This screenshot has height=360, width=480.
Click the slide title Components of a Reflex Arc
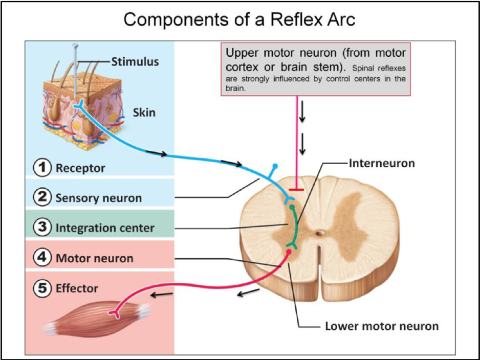pos(239,19)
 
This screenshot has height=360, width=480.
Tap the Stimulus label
pos(135,62)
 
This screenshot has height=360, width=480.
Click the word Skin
pos(144,111)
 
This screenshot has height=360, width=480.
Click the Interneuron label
pos(382,164)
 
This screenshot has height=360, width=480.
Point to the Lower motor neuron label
pos(382,326)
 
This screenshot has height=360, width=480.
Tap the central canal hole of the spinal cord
pos(320,233)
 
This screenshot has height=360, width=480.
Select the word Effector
pos(77,289)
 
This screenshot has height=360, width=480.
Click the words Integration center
pos(105,228)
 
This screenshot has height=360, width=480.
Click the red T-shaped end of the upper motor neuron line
pos(297,190)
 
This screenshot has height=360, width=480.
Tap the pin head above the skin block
pos(76,47)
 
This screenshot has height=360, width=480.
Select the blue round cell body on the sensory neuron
pos(275,167)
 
